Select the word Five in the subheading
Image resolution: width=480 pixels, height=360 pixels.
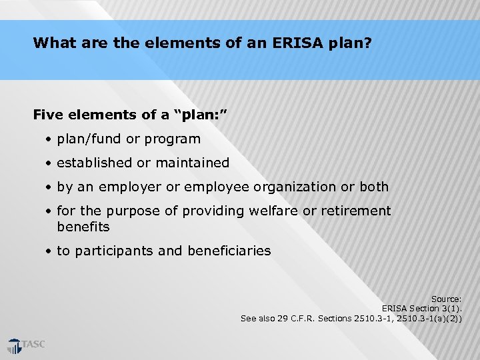click(48, 115)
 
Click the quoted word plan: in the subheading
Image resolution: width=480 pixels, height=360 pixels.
click(201, 115)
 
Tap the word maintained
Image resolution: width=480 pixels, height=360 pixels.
click(193, 163)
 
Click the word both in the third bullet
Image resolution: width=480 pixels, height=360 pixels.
click(374, 187)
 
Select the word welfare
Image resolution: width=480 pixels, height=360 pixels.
click(273, 211)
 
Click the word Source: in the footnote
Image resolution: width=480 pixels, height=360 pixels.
click(446, 299)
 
